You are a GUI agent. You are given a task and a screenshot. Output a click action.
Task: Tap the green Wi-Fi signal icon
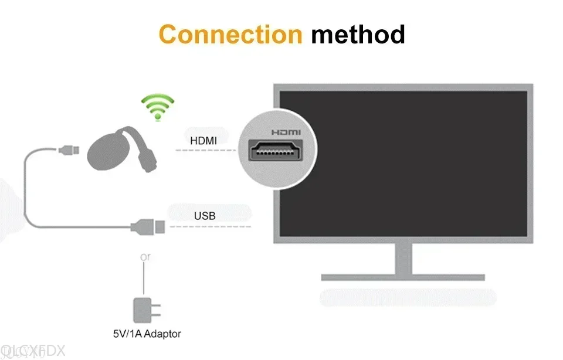coord(157,107)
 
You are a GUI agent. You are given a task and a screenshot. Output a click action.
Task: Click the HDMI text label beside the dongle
coord(203,141)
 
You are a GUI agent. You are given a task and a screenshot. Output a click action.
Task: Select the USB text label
coord(205,216)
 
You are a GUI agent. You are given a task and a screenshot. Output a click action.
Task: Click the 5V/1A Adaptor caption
coord(147,334)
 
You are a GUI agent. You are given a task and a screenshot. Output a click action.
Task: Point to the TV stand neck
coord(403,258)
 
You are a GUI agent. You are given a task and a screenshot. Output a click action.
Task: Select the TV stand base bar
coord(403,277)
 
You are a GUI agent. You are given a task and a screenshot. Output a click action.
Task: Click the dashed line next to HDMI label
coord(205,150)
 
